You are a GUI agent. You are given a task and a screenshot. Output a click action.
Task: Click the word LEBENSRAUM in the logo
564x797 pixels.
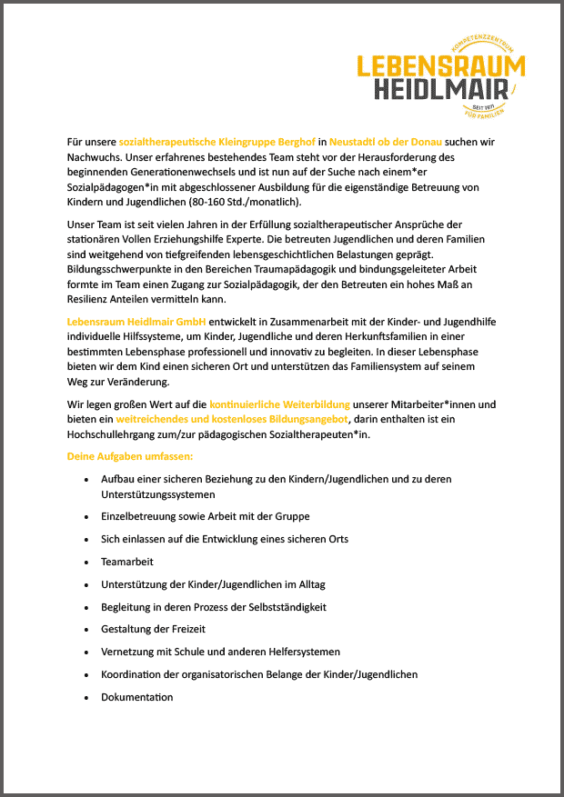point(440,65)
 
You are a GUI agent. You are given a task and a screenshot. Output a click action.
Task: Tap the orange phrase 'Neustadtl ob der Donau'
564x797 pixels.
point(386,143)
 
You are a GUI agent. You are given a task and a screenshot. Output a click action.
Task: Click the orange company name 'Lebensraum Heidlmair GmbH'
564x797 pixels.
point(137,322)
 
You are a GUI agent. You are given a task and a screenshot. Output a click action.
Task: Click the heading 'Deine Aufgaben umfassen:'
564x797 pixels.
point(124,455)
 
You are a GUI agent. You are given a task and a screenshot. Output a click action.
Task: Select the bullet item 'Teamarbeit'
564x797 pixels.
point(126,562)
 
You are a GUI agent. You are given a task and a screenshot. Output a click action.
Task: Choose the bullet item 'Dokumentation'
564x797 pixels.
point(136,697)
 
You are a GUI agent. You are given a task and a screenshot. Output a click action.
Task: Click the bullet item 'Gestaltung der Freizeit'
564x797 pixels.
point(153,630)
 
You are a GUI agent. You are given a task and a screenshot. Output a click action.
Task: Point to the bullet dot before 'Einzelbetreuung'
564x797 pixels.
point(86,516)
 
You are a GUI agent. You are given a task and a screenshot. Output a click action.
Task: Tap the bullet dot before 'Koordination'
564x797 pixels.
point(86,675)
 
